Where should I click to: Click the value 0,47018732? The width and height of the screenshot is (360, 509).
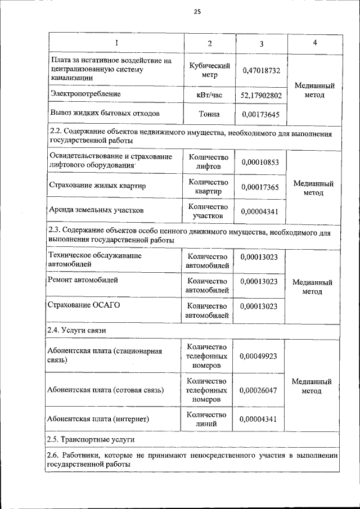click(x=261, y=71)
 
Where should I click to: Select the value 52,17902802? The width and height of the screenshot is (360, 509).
click(x=260, y=96)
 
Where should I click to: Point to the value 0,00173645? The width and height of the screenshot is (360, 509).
click(x=260, y=114)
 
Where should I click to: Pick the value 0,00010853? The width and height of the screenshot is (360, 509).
click(x=260, y=162)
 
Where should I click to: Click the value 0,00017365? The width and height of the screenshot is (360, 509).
click(x=260, y=187)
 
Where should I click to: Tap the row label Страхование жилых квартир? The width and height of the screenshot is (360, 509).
click(x=98, y=186)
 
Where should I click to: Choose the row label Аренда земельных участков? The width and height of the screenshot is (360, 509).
click(x=97, y=210)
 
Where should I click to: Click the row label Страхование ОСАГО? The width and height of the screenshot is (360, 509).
click(x=84, y=305)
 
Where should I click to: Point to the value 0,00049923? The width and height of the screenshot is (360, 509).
click(x=259, y=357)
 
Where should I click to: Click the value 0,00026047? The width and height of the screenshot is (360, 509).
click(x=259, y=389)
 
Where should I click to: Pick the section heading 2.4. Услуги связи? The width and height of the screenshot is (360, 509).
click(x=77, y=330)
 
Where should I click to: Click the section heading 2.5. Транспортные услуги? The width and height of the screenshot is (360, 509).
click(x=91, y=439)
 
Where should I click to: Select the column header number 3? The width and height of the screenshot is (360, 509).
click(x=262, y=44)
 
